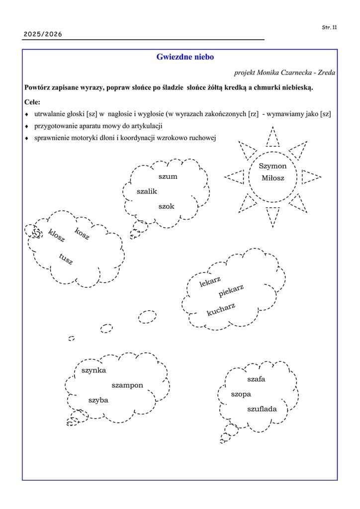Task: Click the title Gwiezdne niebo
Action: coord(185,57)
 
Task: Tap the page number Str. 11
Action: coord(329,27)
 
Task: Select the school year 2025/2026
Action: coord(43,34)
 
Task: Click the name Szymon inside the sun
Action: coord(272,167)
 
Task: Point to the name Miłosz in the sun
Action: coord(272,178)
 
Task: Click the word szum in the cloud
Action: coord(168,176)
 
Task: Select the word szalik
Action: coord(147,191)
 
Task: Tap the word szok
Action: coord(167,206)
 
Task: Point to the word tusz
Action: coord(66,259)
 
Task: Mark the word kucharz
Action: coord(221,309)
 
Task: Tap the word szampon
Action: coord(127,385)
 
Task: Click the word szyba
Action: coord(98,400)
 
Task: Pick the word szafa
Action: coord(256,379)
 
